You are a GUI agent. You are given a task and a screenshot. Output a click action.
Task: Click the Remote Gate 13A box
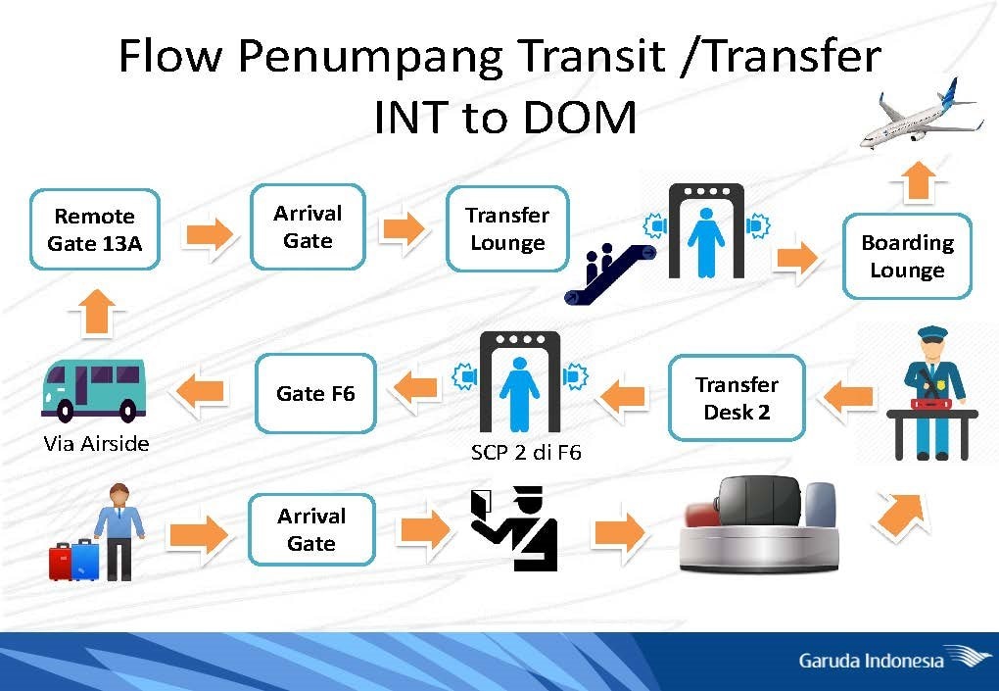94,229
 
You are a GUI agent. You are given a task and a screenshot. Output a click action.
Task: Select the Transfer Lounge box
506,229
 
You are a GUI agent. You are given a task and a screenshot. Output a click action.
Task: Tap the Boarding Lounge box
907,256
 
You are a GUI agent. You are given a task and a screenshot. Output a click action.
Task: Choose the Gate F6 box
315,394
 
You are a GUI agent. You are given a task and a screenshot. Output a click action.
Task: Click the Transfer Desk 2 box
737,398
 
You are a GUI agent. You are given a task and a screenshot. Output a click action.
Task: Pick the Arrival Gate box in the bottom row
311,529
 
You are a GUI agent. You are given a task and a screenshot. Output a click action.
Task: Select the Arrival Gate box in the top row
308,226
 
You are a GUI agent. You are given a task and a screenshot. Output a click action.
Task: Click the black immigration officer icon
515,529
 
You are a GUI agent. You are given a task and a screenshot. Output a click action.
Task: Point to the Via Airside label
96,443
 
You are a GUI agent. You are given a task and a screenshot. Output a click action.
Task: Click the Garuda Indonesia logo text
871,660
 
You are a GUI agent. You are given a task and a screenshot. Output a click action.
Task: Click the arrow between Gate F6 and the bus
200,392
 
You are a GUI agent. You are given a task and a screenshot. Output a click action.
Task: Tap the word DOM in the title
582,117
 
